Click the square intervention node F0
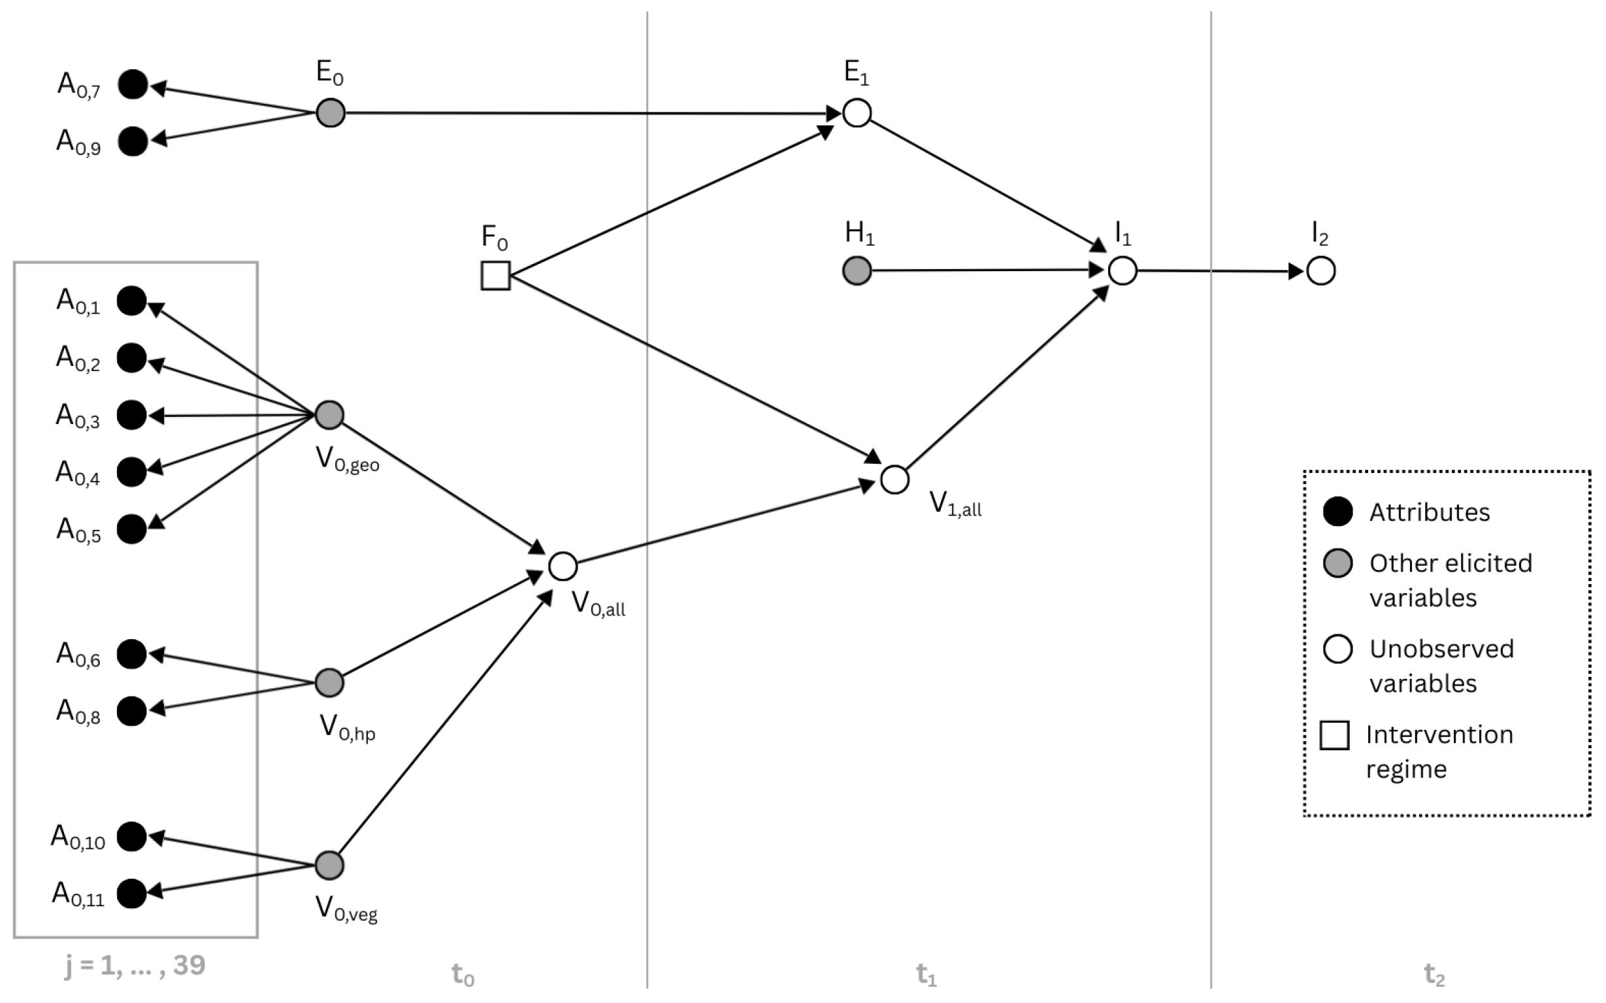495,275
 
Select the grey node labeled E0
331,113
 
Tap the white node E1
857,113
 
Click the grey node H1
857,271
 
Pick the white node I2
1320,271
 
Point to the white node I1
1123,271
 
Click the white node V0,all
563,567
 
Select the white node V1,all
894,480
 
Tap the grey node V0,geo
329,416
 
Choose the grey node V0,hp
329,683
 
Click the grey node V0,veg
329,865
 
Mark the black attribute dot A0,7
133,84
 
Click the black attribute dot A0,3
131,416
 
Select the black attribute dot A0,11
131,893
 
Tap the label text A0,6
78,655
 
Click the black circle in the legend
1337,512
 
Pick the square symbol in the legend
1334,735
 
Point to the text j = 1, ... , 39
135,965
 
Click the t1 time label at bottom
926,974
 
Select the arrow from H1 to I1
982,270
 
